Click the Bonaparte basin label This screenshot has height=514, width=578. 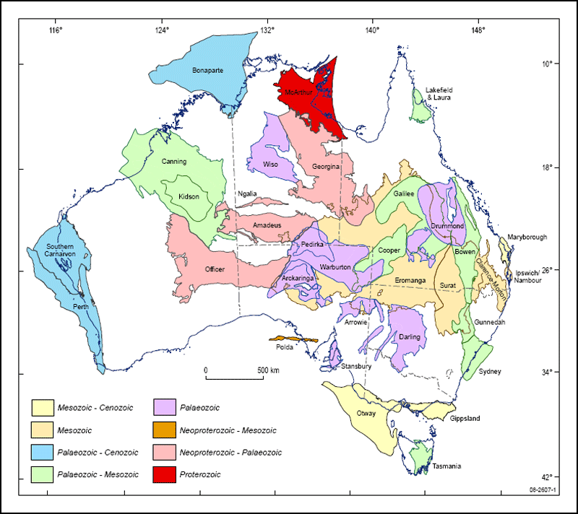click(x=210, y=70)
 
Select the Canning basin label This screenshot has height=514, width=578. click(x=174, y=161)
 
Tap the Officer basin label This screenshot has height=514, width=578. click(x=215, y=269)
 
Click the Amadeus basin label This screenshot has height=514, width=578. click(x=267, y=225)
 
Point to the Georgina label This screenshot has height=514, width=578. click(x=326, y=166)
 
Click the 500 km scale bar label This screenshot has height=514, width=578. click(x=267, y=370)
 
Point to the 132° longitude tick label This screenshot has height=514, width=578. click(x=267, y=30)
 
